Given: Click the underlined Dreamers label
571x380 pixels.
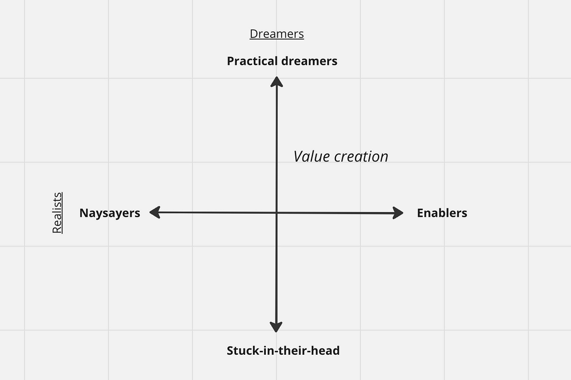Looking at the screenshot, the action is tap(277, 34).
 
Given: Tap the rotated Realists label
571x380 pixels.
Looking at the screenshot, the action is tap(58, 212).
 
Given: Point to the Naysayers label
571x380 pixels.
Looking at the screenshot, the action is tap(110, 213).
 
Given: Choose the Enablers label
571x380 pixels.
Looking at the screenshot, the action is tap(442, 213).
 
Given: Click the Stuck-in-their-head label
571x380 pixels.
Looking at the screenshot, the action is tap(283, 351).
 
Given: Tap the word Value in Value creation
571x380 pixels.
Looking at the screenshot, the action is tap(312, 157).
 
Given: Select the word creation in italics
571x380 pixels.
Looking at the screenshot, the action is tap(361, 157).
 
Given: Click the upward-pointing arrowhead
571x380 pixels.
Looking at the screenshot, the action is tap(277, 82).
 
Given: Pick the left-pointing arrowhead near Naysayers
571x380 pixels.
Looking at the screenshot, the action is tap(155, 212).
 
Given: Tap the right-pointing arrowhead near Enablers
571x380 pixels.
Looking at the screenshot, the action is tap(398, 213).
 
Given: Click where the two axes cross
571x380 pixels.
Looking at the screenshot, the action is tap(277, 213).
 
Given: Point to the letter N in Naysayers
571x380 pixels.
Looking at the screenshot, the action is tap(84, 213).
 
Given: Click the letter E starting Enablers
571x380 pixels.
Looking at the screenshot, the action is tap(420, 213).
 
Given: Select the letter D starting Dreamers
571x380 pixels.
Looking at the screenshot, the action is tap(254, 34).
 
